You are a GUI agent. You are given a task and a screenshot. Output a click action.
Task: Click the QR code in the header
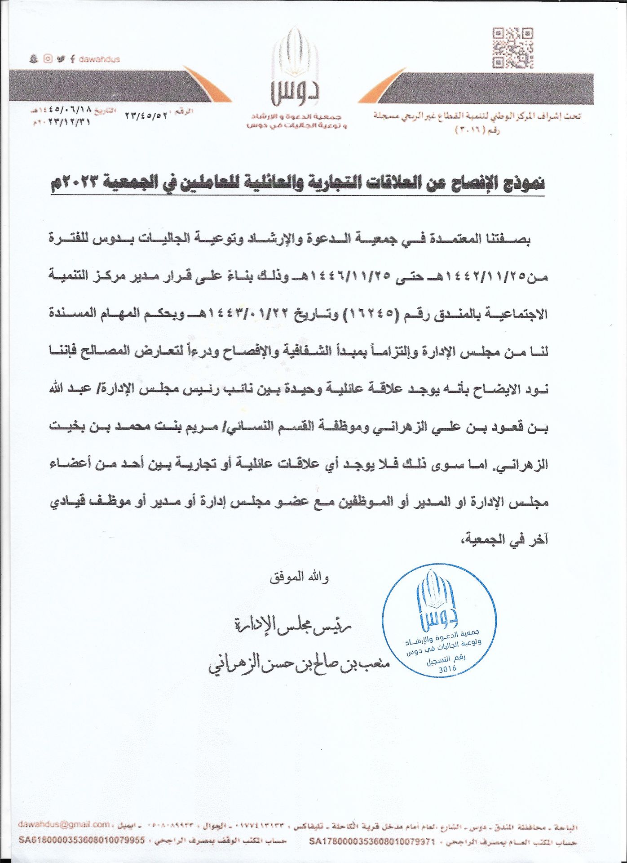point(513,48)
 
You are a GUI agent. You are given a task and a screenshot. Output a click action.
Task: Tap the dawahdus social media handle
point(99,59)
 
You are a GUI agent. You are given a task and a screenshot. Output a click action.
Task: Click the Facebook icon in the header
point(72,59)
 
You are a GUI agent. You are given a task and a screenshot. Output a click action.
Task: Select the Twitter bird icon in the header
point(61,59)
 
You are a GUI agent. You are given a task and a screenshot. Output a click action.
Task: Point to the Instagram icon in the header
point(48,59)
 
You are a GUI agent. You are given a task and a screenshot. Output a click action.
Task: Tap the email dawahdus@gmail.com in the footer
point(64,824)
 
